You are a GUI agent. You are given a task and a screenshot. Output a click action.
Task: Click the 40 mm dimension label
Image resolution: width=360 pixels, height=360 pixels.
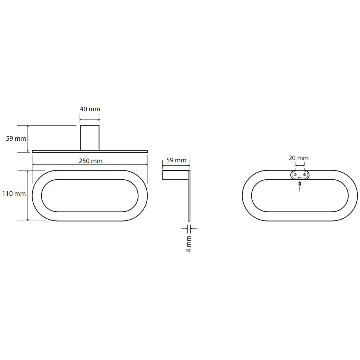90,109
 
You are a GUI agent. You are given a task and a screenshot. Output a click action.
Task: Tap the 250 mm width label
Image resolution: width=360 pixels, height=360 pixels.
90,161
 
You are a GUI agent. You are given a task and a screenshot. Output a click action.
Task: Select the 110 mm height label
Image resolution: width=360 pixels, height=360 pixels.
14,194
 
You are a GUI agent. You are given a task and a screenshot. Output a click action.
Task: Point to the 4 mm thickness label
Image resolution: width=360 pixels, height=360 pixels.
189,244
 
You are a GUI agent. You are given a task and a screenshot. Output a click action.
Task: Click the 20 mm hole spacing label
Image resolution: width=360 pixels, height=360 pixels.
298,158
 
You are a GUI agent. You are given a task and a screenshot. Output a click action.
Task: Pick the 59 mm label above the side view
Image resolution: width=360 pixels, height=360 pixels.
176,160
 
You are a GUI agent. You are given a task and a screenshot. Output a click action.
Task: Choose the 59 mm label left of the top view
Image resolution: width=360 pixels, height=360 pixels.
16,139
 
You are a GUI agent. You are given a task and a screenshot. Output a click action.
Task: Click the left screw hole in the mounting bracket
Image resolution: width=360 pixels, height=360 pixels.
295,175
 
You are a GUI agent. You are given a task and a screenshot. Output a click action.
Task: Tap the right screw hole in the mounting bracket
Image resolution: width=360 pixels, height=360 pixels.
305,175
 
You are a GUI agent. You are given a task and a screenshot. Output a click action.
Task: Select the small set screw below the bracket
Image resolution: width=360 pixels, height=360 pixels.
300,184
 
